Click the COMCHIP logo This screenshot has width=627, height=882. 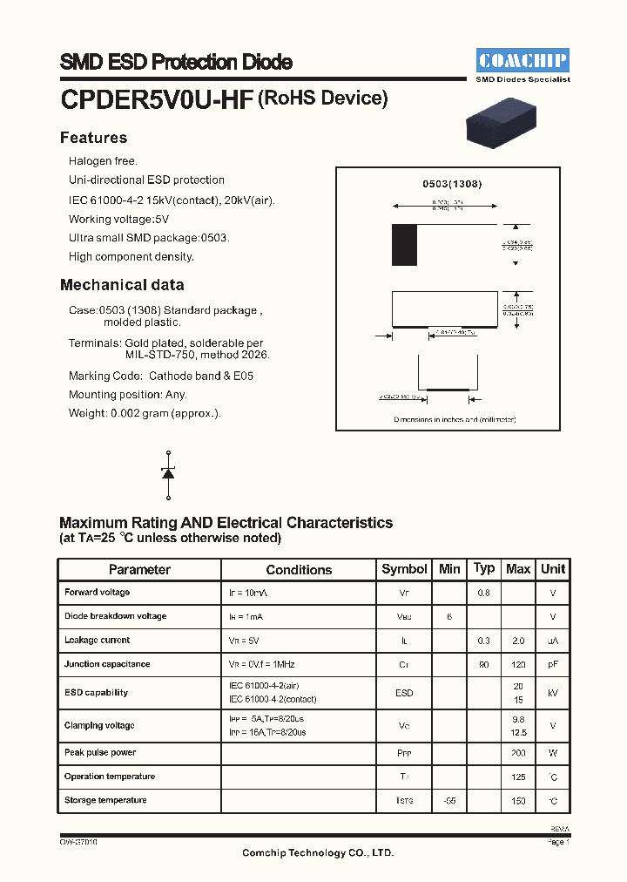(x=522, y=60)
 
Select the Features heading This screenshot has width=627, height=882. (x=93, y=138)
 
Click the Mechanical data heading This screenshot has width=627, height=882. (x=122, y=285)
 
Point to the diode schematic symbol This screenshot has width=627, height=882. (x=168, y=473)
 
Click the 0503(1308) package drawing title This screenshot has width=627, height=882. (x=452, y=185)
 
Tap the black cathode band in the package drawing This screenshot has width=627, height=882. (x=404, y=245)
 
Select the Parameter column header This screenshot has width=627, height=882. (x=139, y=569)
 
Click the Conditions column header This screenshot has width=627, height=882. (x=299, y=569)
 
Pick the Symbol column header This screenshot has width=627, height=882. (x=404, y=569)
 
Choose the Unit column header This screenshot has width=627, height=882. (x=553, y=569)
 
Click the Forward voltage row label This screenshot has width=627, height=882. (x=97, y=593)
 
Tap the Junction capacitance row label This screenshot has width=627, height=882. (x=107, y=664)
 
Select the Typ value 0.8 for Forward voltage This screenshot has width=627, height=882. (x=483, y=594)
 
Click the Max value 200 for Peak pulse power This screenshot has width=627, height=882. (x=518, y=753)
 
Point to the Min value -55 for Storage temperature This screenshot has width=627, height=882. (x=449, y=801)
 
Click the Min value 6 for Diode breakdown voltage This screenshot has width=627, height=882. (x=449, y=617)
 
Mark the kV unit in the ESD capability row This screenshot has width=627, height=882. (x=553, y=694)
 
